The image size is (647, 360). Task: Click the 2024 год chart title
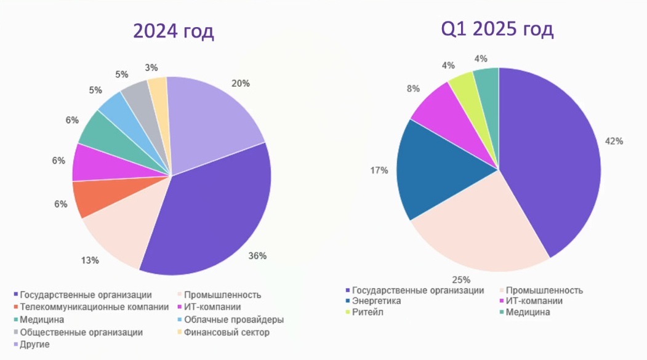click(x=174, y=31)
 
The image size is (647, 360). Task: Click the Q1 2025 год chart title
click(x=497, y=29)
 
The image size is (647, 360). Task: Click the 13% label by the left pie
click(x=90, y=260)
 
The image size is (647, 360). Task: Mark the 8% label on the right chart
click(x=413, y=89)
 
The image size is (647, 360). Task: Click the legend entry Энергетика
click(x=376, y=302)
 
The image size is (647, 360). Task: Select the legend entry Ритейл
click(x=369, y=313)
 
